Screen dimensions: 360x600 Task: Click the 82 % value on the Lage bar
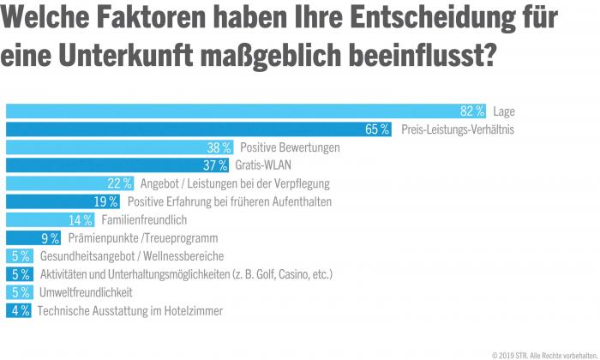(x=472, y=111)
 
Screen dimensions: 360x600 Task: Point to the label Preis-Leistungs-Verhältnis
(x=458, y=129)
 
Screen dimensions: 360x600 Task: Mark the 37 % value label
(x=215, y=165)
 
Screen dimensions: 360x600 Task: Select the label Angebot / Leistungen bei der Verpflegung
(x=234, y=183)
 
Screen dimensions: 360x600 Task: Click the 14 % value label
(x=81, y=220)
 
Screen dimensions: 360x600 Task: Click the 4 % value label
(x=20, y=310)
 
